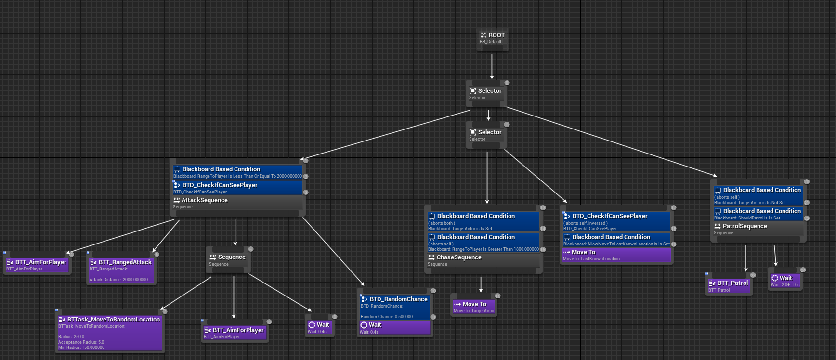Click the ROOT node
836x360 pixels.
coord(492,38)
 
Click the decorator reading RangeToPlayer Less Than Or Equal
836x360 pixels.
coord(237,172)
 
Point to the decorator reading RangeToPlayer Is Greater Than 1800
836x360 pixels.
coord(483,243)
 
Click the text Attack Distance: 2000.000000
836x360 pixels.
coord(118,280)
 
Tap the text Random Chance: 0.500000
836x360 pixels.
coord(387,317)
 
